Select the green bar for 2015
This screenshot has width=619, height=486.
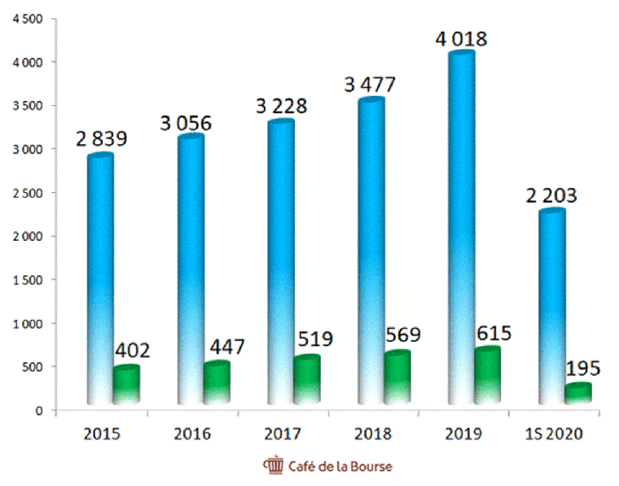click(125, 384)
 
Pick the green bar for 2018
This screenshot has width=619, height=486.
click(396, 378)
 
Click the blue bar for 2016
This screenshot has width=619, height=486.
click(191, 269)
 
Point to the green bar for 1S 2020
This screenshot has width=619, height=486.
click(578, 392)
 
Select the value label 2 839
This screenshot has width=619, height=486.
click(102, 139)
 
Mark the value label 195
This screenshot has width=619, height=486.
click(582, 368)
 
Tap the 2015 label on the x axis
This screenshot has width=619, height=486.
click(102, 433)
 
